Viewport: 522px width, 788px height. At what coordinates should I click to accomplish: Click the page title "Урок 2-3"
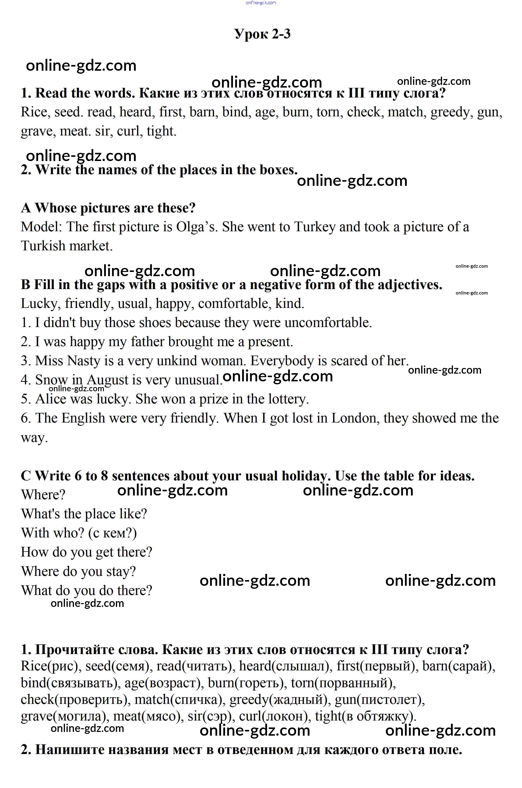pyautogui.click(x=262, y=34)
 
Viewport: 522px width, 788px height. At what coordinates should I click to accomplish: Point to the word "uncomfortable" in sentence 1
pyautogui.click(x=328, y=323)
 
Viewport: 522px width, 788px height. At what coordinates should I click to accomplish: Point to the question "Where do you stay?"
pyautogui.click(x=79, y=571)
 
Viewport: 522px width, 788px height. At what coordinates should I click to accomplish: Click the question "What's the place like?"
pyautogui.click(x=84, y=514)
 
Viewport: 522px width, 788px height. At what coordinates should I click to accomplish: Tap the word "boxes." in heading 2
pyautogui.click(x=279, y=170)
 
